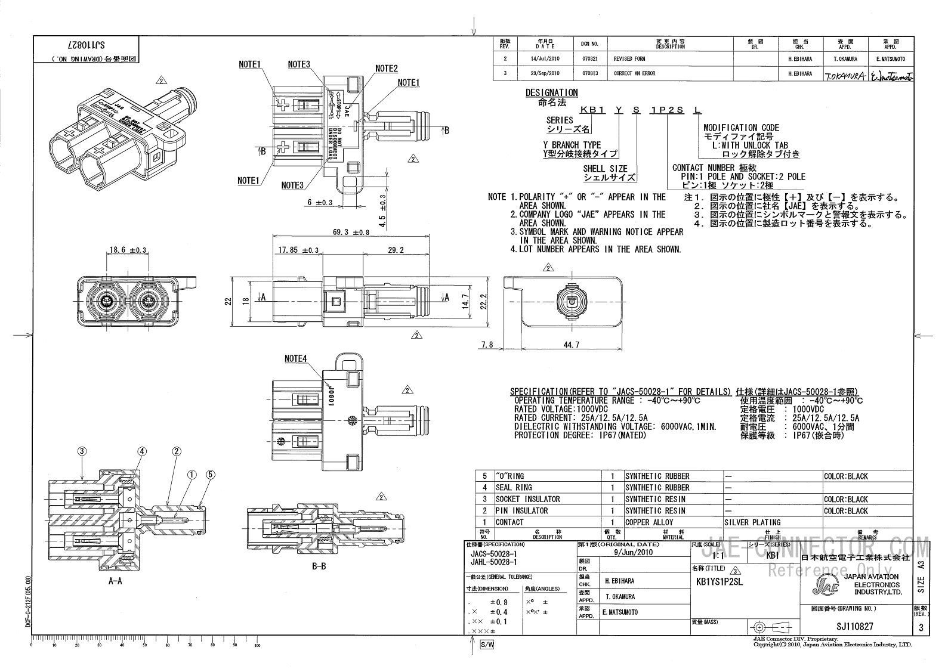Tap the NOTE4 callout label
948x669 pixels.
(x=295, y=359)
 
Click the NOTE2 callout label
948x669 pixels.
(x=386, y=69)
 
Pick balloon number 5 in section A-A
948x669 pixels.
(x=210, y=475)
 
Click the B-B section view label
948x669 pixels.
(x=319, y=566)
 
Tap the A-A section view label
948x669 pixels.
(x=115, y=581)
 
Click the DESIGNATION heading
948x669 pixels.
(x=551, y=92)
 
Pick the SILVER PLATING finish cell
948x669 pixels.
(x=752, y=522)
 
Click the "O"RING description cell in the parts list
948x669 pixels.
(x=509, y=476)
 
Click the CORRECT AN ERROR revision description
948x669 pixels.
(x=634, y=74)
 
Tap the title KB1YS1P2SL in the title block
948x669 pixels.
(x=719, y=582)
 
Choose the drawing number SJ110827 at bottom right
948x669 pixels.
(x=855, y=627)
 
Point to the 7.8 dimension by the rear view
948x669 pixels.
(x=487, y=345)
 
